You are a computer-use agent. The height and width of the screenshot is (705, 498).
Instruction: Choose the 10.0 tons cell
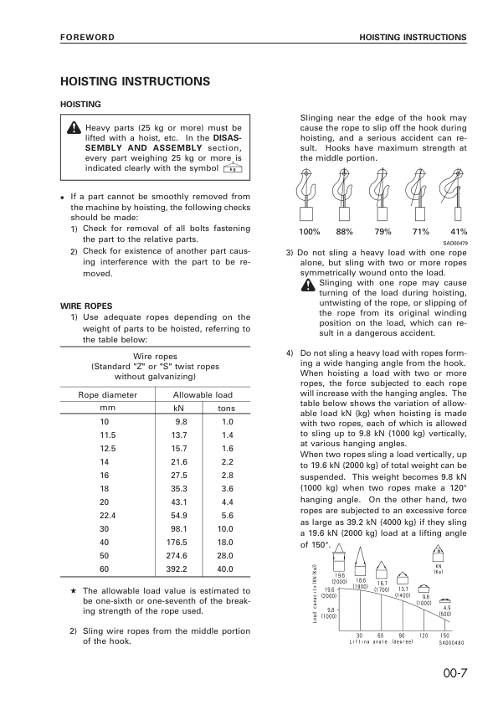[x=226, y=529]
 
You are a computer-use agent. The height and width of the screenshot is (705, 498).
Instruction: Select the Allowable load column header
[x=203, y=394]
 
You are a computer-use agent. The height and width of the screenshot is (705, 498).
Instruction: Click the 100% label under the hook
[x=309, y=231]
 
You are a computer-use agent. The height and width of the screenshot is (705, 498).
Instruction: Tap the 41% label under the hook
[x=459, y=231]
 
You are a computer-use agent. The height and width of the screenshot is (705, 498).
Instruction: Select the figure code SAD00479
[x=454, y=242]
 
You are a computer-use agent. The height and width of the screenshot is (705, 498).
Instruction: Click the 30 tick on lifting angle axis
[x=359, y=636]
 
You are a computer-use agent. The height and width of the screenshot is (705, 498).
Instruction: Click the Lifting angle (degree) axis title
[x=382, y=642]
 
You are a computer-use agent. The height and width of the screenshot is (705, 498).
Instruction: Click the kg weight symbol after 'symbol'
[x=233, y=168]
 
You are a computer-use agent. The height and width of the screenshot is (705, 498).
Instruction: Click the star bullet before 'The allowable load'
[x=74, y=591]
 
